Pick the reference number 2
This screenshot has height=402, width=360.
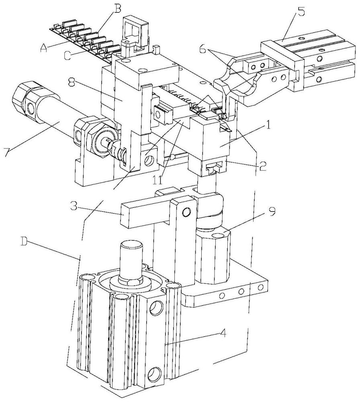[262, 166]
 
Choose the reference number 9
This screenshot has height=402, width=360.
[272, 212]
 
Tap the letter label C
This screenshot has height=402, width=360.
[67, 55]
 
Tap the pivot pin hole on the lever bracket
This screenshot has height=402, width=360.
[186, 212]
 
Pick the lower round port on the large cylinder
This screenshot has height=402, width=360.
[155, 374]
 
